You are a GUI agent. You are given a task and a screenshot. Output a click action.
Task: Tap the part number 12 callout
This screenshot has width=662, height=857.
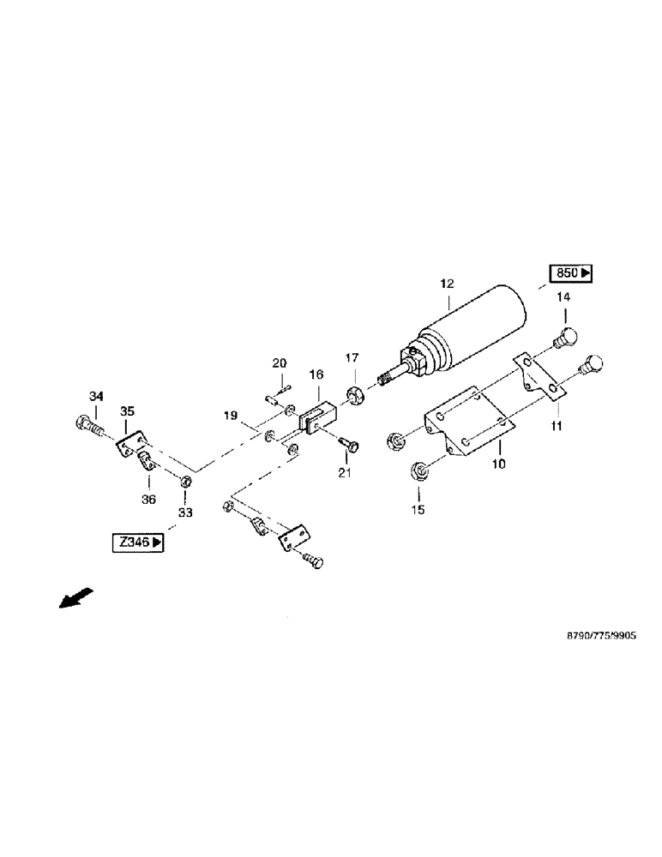click(448, 284)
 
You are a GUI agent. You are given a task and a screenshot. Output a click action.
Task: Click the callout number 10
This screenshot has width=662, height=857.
click(498, 464)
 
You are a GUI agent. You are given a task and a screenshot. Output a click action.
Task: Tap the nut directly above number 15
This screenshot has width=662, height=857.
click(420, 470)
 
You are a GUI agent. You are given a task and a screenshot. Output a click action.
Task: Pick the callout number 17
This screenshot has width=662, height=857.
click(352, 357)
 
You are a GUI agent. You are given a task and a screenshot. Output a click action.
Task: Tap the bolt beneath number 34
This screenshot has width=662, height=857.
click(87, 423)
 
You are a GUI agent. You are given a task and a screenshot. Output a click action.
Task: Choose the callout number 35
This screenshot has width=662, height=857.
click(127, 412)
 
